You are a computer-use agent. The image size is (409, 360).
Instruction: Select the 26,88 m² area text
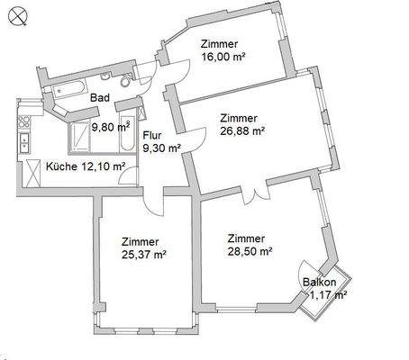[x=242, y=130]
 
